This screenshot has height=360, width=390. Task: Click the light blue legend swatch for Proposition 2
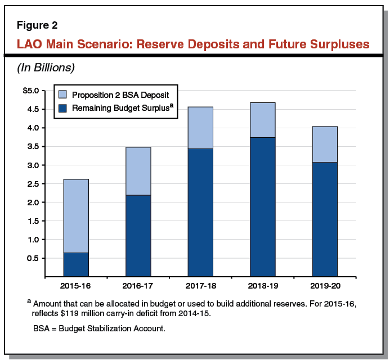62,94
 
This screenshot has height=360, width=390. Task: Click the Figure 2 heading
36,26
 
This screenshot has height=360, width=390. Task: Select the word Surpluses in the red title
333,43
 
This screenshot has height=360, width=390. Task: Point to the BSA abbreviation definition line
98,328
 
